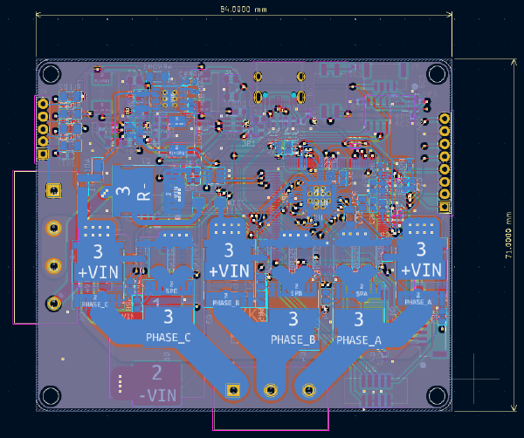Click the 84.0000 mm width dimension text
coord(244,9)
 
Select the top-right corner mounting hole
coord(436,74)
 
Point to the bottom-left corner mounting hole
coord(51,396)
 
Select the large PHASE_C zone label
coord(169,337)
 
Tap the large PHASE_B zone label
coord(293,339)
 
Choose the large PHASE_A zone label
coord(357,340)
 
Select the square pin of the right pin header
coord(444,207)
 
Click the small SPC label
coord(171,291)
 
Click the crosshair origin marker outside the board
coord(475,379)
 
